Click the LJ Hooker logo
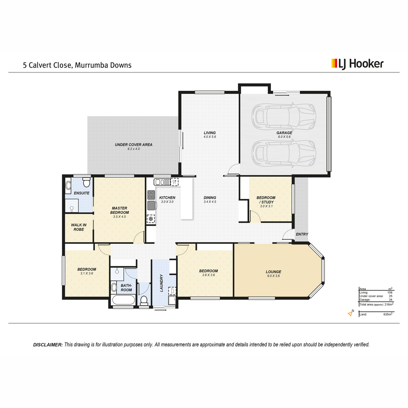[x=357, y=64]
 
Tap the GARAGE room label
[x=284, y=133]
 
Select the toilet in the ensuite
[x=86, y=182]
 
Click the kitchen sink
[x=162, y=182]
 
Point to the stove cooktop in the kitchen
[x=151, y=195]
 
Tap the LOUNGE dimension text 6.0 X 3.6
[x=273, y=276]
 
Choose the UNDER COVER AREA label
[x=134, y=144]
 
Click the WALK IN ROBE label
[x=79, y=227]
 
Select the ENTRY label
[x=302, y=234]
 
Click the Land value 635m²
[x=388, y=314]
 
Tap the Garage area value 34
[x=390, y=300]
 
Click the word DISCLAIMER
[x=48, y=345]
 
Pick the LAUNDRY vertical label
[x=161, y=283]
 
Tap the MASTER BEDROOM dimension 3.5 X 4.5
[x=119, y=217]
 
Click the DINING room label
[x=210, y=198]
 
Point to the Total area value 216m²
[x=389, y=304]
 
